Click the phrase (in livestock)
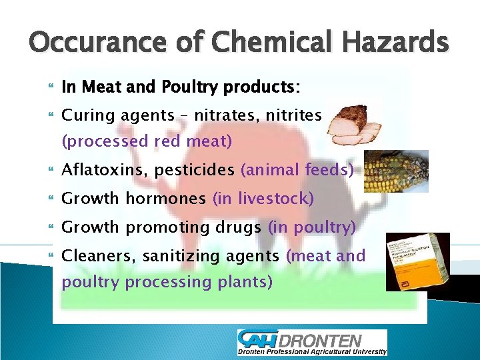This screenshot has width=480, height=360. [x=263, y=199]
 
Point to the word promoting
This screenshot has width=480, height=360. [x=169, y=227]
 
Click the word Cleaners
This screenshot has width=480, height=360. [x=93, y=256]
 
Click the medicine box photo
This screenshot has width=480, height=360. [x=417, y=261]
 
